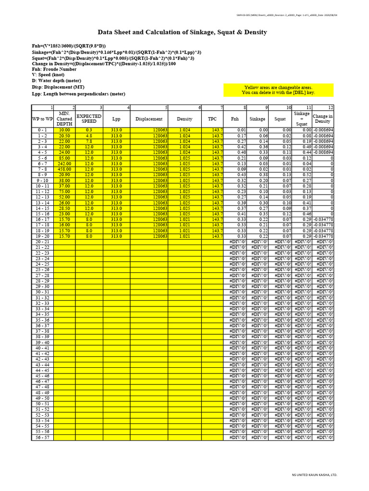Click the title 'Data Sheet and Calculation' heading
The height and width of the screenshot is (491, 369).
point(182,32)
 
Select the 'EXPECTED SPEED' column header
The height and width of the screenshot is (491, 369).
point(89,119)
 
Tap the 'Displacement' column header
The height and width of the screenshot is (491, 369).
point(149,119)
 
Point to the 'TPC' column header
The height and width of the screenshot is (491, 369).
point(212,119)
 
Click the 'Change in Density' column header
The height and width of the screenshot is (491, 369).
point(322,119)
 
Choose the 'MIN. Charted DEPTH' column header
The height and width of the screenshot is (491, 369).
point(64,119)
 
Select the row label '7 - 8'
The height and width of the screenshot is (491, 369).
point(42,169)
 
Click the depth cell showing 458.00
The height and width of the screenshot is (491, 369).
point(64,169)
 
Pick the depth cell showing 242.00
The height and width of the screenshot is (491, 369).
point(64,164)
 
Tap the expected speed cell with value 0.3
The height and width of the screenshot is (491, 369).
point(89,130)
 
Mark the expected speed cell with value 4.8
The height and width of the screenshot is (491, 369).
point(89,136)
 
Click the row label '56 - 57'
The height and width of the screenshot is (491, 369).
point(42,437)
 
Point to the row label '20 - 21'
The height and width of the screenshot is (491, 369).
point(42,242)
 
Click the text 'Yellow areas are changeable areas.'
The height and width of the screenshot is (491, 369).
point(278,88)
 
